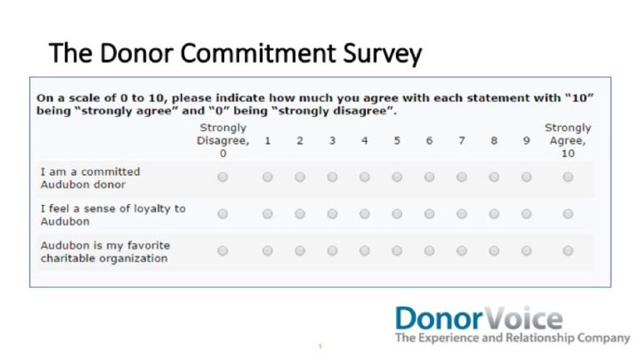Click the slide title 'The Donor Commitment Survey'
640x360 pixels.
click(x=235, y=54)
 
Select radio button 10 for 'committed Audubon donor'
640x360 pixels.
click(x=567, y=177)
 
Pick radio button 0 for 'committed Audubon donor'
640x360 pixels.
click(x=222, y=177)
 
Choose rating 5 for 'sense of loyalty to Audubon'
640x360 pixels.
click(x=397, y=214)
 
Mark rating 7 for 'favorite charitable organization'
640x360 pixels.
click(x=461, y=251)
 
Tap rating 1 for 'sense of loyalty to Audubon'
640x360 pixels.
click(x=267, y=214)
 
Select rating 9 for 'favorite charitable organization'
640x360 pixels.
click(x=526, y=251)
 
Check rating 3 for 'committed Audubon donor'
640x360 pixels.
click(x=332, y=177)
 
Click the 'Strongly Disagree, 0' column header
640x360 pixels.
click(x=222, y=141)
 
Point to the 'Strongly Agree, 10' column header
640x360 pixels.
click(x=567, y=141)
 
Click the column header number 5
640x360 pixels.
click(x=397, y=141)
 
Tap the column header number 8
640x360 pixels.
click(x=493, y=141)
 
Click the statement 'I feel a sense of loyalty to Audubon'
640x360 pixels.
click(x=112, y=214)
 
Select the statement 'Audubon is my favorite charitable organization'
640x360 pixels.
click(x=104, y=251)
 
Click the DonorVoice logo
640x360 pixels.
click(x=478, y=318)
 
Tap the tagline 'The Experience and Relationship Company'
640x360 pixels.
click(x=512, y=338)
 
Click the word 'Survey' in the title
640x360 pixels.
click(x=380, y=54)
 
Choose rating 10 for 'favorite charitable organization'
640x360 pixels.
click(x=567, y=251)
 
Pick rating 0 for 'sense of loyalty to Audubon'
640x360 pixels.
click(x=222, y=214)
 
